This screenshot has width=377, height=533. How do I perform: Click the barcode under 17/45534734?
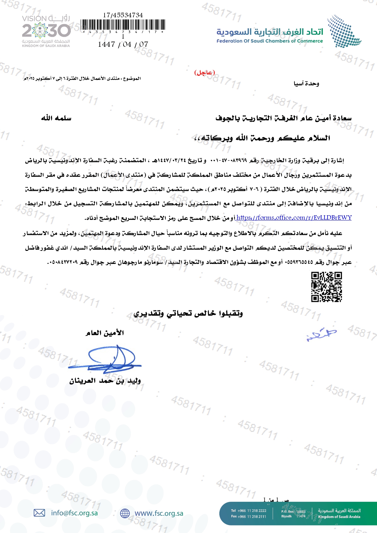123,25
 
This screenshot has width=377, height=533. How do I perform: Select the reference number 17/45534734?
123,15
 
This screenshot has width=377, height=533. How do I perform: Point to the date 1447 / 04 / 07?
123,44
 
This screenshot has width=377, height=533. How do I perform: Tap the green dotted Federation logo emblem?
344,32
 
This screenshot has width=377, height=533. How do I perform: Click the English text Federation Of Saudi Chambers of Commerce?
269,41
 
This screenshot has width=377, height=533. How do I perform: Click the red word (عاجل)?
205,73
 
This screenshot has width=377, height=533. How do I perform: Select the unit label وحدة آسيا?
306,84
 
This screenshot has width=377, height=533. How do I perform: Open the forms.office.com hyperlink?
294,218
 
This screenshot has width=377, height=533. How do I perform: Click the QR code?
327,287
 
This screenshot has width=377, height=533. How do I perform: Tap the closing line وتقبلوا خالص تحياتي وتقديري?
188,313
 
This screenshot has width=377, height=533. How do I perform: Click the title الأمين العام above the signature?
105,333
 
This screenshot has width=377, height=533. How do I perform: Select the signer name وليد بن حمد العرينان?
105,381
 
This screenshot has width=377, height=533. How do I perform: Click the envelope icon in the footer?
39,513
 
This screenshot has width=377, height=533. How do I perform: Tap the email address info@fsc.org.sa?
74,513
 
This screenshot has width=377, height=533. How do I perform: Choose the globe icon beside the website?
125,513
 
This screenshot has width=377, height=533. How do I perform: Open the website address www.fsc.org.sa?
159,513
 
